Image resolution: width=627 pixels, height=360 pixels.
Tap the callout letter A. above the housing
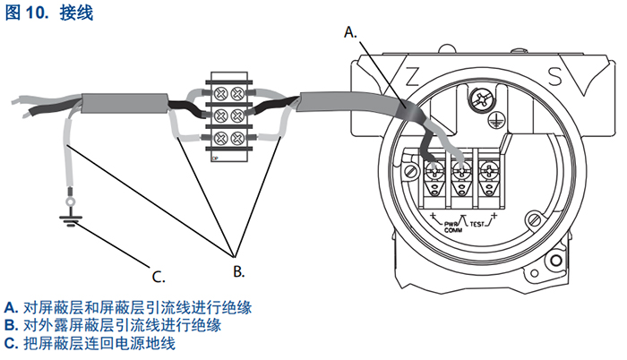[351, 30]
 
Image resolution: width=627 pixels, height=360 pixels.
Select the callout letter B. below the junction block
[238, 268]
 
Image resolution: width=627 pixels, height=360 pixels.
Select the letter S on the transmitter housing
[554, 74]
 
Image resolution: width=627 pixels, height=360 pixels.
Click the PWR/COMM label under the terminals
[451, 226]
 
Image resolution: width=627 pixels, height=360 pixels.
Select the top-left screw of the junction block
[219, 93]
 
